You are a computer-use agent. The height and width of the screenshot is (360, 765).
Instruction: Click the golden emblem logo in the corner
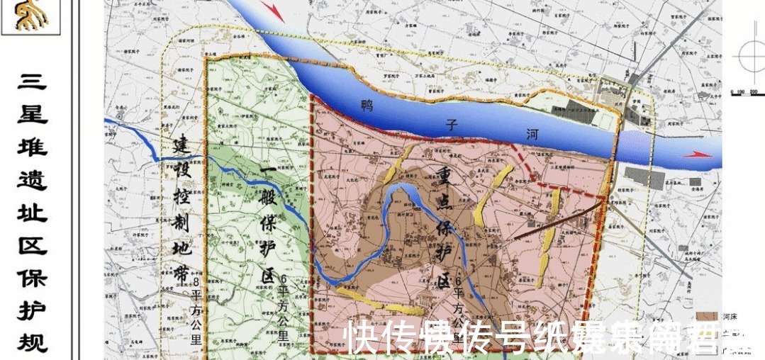click(x=30, y=15)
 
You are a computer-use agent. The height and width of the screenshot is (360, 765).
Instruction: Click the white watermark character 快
click(x=362, y=337)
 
